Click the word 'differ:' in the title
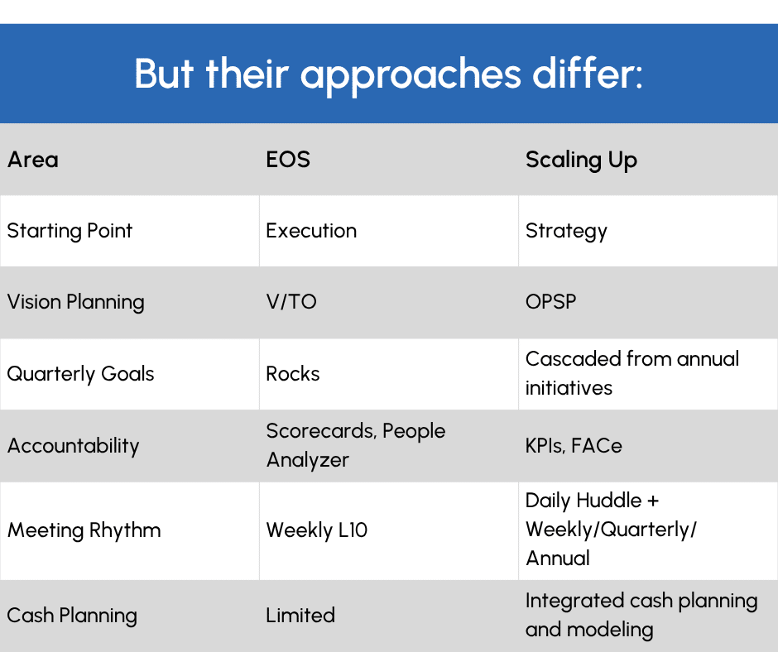coord(588,74)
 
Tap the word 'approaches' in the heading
coord(411,76)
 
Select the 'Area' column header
coord(33,160)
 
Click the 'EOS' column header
coord(288,160)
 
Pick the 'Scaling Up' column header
coord(581,161)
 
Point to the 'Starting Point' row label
coord(70,231)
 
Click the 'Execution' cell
coord(311,231)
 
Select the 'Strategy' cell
coord(566,232)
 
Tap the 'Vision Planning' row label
coord(75,302)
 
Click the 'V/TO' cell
coord(291,302)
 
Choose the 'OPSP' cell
coord(550,302)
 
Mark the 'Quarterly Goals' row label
coord(80,374)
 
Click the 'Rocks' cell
coord(293,374)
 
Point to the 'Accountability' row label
coord(73,446)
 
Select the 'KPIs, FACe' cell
coord(574,446)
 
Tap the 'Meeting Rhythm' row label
coord(84,530)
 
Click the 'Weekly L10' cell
coord(316,530)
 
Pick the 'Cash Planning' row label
coord(72,616)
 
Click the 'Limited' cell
coord(300,616)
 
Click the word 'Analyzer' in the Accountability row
coord(308,461)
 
